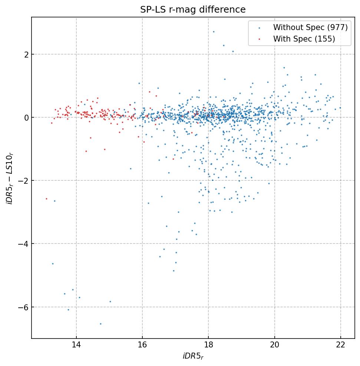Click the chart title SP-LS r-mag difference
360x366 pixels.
pyautogui.click(x=193, y=9)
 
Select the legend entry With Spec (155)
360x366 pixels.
pyautogui.click(x=304, y=39)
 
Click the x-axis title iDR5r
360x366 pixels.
pyautogui.click(x=193, y=356)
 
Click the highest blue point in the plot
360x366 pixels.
pyautogui.click(x=214, y=32)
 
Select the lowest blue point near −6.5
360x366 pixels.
pyautogui.click(x=100, y=324)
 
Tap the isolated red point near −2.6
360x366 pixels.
pyautogui.click(x=46, y=199)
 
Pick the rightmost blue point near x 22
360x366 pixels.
pyautogui.click(x=340, y=108)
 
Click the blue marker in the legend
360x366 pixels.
pyautogui.click(x=259, y=28)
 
